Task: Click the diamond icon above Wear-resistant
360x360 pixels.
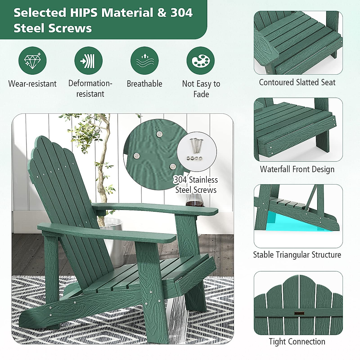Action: point(32,61)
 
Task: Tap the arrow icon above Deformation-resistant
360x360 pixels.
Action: point(88,61)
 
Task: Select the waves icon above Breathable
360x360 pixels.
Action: point(144,61)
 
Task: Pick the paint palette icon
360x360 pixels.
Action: point(200,61)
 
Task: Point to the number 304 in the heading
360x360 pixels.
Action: point(181,13)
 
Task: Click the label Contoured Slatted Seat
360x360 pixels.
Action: point(297,82)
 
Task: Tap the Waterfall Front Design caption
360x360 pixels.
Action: point(297,169)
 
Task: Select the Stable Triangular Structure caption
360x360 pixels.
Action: point(297,255)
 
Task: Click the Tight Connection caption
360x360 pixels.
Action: point(297,341)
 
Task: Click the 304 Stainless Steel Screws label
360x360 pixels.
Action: point(196,185)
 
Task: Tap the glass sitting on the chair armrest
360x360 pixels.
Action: point(195,200)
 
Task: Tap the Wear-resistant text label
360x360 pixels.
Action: point(32,84)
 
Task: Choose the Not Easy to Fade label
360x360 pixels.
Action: point(201,89)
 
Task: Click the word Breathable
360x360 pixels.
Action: point(144,84)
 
